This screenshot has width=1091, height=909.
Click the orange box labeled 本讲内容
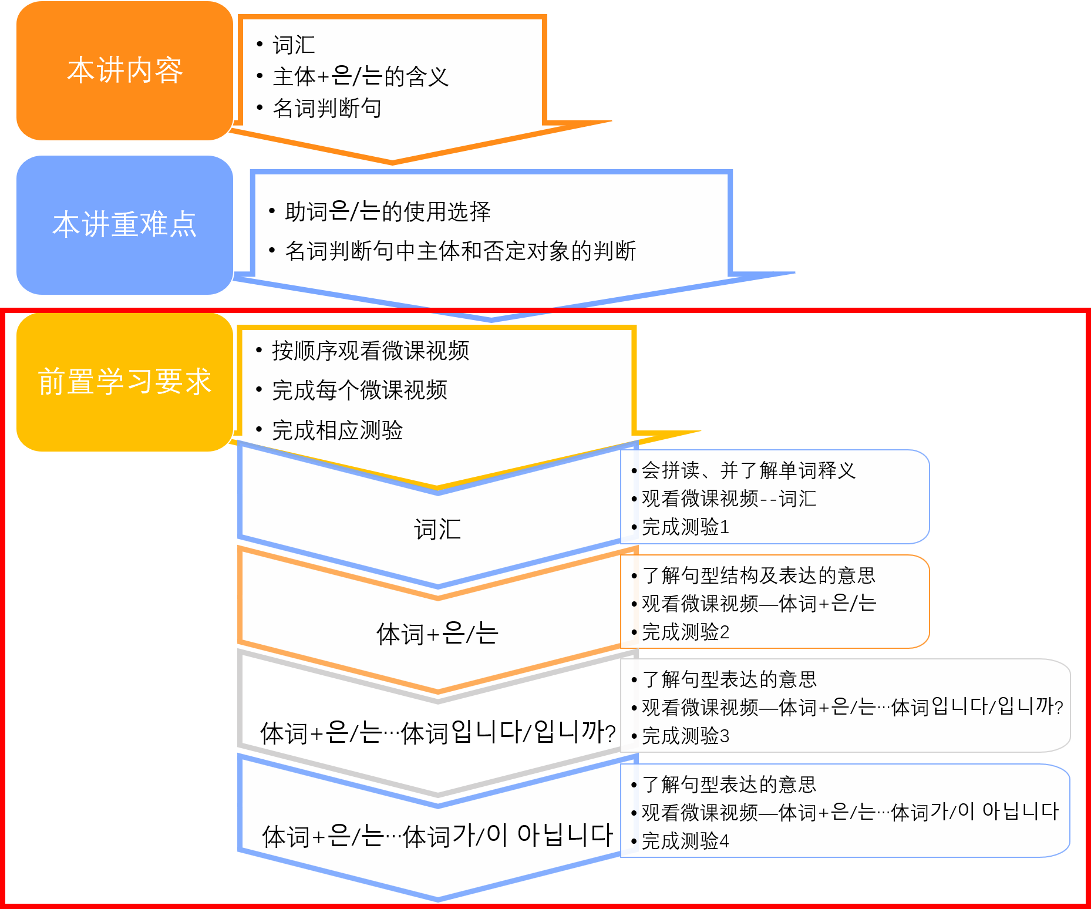[124, 70]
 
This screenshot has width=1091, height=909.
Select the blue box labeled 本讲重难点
[124, 225]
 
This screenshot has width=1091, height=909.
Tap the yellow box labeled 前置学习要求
[124, 382]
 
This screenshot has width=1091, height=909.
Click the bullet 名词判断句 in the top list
[327, 108]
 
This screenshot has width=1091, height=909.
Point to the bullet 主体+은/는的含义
[361, 76]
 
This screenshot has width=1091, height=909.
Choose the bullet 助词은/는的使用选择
[388, 211]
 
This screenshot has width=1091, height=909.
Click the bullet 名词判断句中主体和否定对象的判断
[460, 251]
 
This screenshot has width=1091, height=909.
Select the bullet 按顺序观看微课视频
[371, 351]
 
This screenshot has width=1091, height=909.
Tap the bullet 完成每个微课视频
[359, 390]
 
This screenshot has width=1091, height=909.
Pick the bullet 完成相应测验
[337, 430]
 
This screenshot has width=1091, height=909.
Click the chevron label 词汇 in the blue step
[437, 529]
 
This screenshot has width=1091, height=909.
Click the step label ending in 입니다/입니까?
[437, 733]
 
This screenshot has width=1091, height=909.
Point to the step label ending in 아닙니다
[437, 836]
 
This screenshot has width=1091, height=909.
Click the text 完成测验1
[685, 527]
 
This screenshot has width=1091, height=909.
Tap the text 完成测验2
[685, 632]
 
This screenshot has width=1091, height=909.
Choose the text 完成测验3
[685, 736]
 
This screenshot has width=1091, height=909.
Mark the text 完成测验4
[685, 841]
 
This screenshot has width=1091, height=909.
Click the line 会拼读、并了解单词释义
[748, 470]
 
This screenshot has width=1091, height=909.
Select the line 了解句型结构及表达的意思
[759, 575]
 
